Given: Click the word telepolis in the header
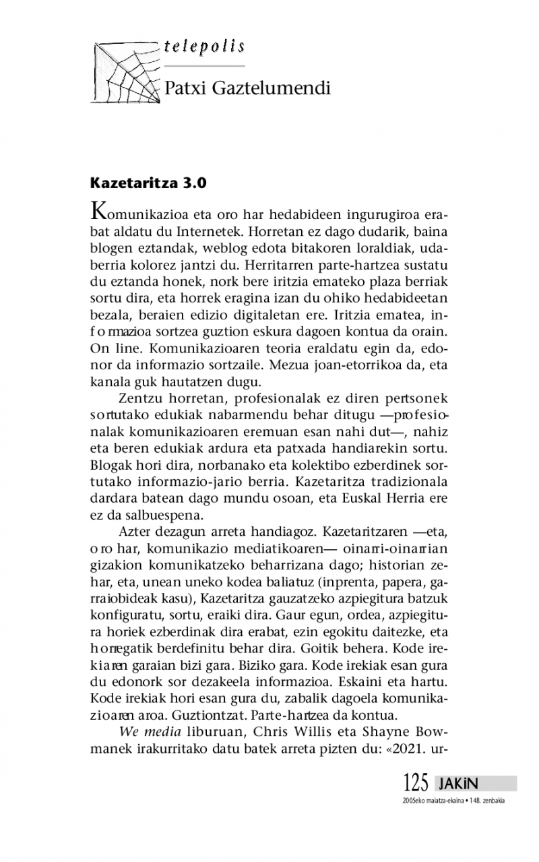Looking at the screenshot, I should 203,47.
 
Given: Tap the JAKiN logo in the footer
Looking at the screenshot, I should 458,784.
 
